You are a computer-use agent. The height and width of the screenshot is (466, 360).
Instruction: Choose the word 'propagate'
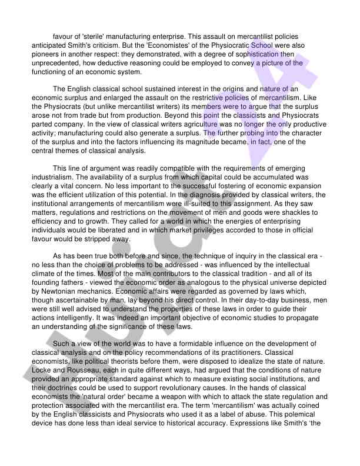pyautogui.click(x=281, y=317)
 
